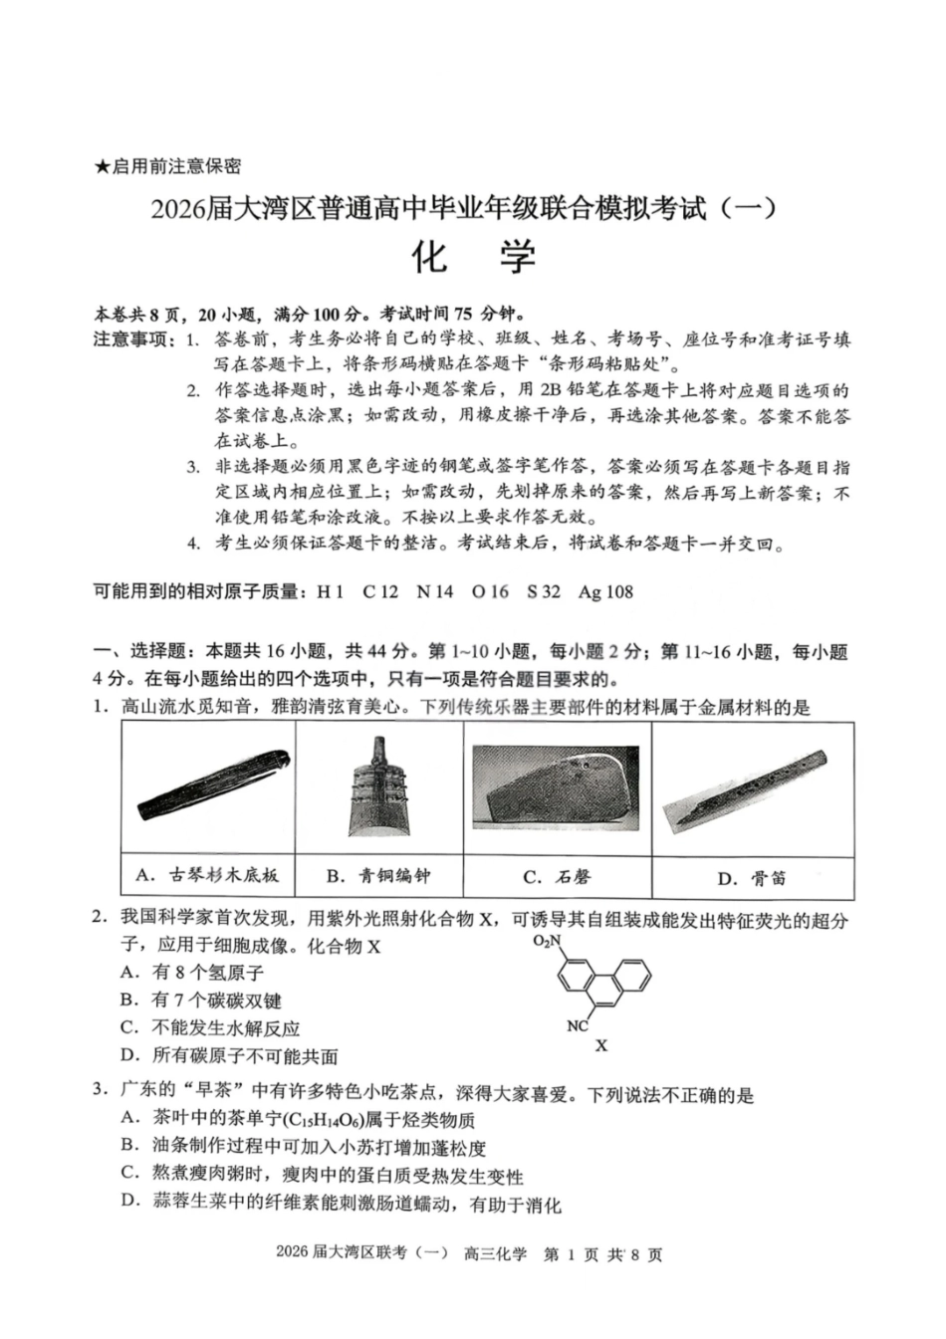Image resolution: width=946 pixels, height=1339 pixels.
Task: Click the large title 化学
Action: click(473, 258)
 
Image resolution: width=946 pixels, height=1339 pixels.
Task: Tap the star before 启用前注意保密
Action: click(101, 167)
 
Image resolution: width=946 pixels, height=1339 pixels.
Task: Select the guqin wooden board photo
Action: click(212, 787)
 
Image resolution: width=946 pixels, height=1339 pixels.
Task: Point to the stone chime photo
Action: click(556, 787)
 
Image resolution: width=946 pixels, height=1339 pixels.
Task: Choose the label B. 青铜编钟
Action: click(378, 876)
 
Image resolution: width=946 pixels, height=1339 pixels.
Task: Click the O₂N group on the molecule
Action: click(547, 941)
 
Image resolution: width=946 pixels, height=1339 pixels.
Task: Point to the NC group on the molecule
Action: click(577, 1025)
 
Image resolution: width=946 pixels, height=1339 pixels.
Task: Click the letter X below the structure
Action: click(601, 1045)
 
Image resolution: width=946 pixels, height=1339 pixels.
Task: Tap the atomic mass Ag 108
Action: click(605, 592)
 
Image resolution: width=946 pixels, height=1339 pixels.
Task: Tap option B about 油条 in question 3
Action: click(304, 1148)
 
